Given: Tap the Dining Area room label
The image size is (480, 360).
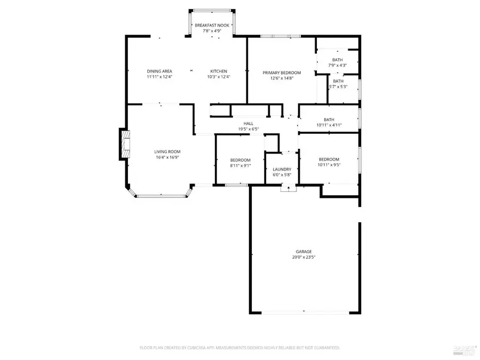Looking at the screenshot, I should click(x=159, y=71).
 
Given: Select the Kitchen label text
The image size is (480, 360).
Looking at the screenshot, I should click(x=219, y=71).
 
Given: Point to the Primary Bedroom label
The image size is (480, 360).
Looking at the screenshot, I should click(x=282, y=73).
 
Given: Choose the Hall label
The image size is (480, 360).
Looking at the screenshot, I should click(x=249, y=123).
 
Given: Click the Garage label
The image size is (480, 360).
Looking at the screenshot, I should click(x=304, y=251).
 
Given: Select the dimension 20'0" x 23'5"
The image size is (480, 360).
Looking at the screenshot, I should click(x=304, y=257).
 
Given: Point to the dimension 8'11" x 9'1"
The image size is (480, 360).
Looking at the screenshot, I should click(x=240, y=165).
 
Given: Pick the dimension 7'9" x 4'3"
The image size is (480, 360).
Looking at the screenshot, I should click(x=337, y=65).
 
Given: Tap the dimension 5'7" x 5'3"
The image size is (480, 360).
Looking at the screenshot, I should click(x=338, y=86).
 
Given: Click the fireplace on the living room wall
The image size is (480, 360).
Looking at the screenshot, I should click(x=124, y=144).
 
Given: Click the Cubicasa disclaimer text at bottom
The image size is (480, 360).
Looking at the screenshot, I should click(x=239, y=348).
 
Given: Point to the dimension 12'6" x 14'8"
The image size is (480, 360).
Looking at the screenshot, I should click(x=282, y=78).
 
